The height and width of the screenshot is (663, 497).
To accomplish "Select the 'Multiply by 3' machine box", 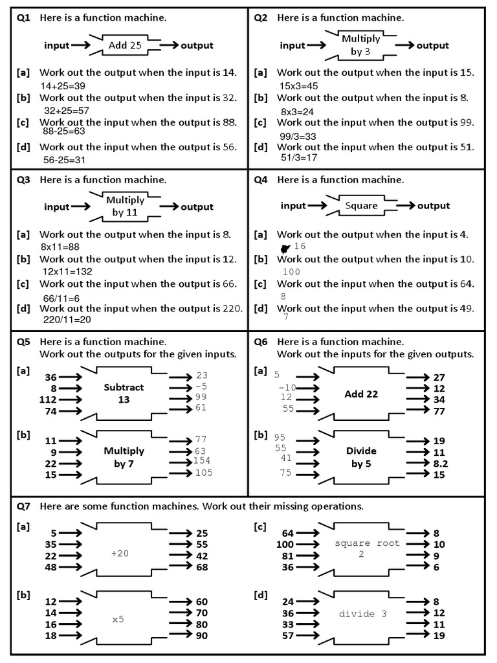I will (x=361, y=45).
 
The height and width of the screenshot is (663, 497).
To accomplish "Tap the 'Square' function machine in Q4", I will (x=361, y=206).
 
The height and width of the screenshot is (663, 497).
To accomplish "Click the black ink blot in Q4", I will (x=284, y=248).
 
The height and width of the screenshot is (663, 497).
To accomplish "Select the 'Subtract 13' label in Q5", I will (x=124, y=393).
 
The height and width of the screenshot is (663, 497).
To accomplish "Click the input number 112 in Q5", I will (x=49, y=399).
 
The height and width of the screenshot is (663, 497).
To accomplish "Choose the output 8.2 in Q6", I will (x=439, y=464).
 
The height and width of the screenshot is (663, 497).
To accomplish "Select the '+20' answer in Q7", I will (x=120, y=554).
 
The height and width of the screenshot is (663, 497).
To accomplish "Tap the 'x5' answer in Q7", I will (x=118, y=620).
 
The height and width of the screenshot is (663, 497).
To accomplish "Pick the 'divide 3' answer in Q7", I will (x=362, y=613).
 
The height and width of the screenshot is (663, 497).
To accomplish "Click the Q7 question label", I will (x=23, y=506).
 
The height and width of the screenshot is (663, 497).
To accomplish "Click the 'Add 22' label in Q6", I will (x=361, y=394).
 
